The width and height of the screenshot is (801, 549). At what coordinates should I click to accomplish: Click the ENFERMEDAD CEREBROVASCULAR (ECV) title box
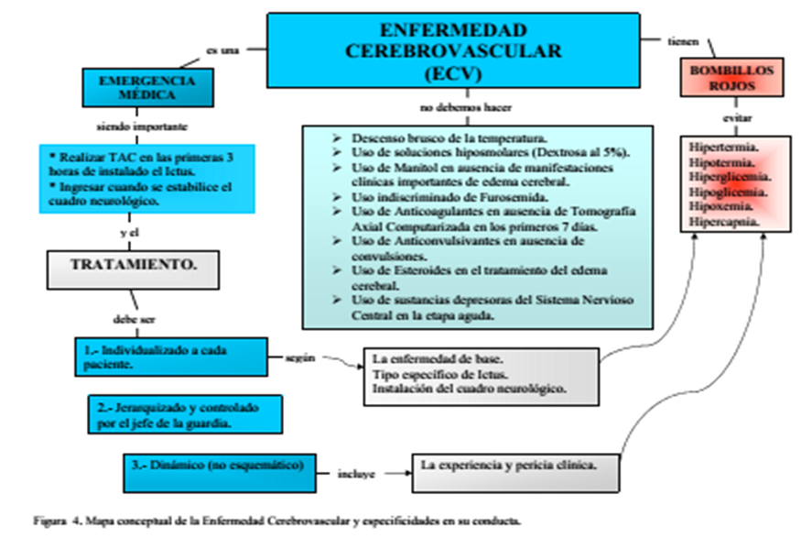(x=453, y=49)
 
